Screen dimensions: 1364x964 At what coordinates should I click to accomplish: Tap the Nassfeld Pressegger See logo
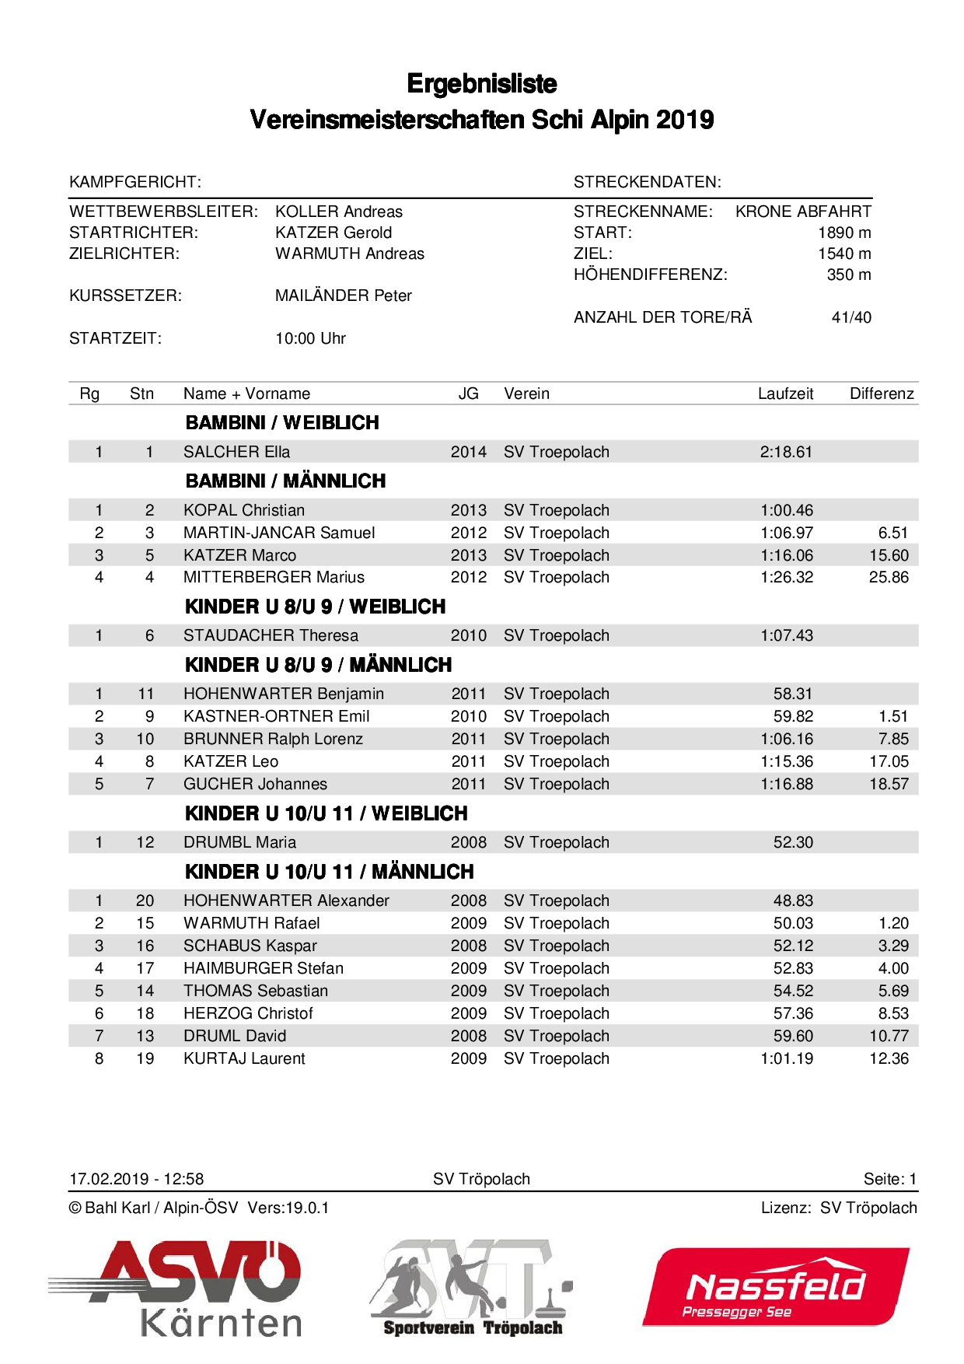(776, 1287)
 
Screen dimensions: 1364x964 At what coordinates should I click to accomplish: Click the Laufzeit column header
(785, 393)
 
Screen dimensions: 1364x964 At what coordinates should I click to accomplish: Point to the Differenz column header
(882, 393)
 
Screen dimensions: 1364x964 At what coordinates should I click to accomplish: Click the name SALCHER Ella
(236, 452)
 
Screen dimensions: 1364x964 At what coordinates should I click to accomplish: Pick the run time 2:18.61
(786, 452)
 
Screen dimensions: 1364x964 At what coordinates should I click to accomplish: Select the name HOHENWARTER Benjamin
(284, 694)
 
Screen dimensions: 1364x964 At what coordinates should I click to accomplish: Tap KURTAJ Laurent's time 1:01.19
(787, 1058)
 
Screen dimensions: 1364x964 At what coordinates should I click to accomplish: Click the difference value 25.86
(889, 577)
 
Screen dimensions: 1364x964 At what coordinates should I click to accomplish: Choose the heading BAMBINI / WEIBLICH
(282, 423)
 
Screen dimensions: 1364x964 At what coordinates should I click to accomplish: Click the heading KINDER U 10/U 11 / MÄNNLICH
(330, 872)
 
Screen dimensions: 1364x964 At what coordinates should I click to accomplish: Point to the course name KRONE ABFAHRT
(803, 212)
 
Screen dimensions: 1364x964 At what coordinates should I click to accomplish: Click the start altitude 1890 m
(844, 233)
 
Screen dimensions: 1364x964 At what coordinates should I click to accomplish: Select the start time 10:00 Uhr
(310, 338)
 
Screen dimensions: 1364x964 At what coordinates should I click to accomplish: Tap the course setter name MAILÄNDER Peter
(343, 296)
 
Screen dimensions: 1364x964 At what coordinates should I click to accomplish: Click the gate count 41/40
(851, 317)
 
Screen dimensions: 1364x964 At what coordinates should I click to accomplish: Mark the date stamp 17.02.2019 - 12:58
(137, 1179)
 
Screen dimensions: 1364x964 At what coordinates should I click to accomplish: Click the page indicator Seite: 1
(890, 1179)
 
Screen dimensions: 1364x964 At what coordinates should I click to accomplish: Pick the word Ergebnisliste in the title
(482, 84)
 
